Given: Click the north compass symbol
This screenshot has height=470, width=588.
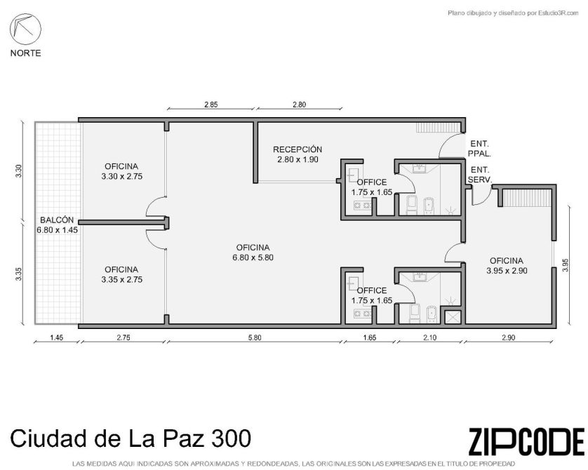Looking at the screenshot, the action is click(25, 29).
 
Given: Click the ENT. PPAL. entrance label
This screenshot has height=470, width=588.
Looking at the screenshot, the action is click(480, 149).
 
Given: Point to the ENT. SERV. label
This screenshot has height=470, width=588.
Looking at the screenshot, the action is click(480, 175).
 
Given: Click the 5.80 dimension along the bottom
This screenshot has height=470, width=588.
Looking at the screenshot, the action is click(255, 337).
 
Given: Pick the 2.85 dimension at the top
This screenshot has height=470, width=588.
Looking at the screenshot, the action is click(211, 105).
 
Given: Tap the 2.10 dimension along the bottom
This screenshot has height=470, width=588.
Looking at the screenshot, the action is click(429, 337).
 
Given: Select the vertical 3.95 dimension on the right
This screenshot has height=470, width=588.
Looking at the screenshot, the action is click(566, 265).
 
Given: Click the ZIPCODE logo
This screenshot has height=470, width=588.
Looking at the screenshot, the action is click(526, 442).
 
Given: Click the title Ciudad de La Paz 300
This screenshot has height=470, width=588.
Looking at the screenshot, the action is click(131, 438).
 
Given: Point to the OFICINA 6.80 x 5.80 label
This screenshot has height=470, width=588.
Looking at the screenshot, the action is click(253, 253).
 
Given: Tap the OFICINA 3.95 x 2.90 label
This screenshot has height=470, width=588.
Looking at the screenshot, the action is click(507, 266).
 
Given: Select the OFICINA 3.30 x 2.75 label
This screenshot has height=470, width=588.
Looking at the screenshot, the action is click(122, 171).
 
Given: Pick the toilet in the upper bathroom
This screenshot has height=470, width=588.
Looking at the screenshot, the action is click(412, 205).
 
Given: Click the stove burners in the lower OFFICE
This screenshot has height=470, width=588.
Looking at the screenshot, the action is click(362, 314).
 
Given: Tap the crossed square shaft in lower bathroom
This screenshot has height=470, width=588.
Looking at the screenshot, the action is click(453, 317).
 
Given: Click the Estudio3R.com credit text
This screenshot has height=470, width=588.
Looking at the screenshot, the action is click(513, 13).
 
